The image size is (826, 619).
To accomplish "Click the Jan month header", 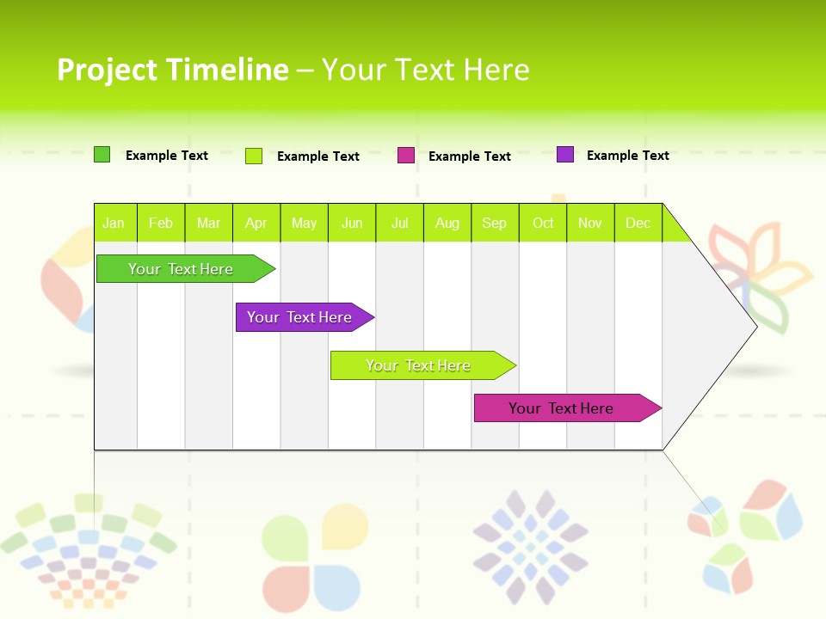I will tap(114, 223).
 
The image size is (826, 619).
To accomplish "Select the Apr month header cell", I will tap(256, 223).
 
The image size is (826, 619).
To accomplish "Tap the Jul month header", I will tap(399, 223).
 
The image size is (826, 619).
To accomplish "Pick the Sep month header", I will tap(494, 223).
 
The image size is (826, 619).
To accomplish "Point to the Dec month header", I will tap(638, 223).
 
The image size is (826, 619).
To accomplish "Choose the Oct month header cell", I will tap(543, 223).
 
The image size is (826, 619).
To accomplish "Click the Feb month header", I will tap(161, 223).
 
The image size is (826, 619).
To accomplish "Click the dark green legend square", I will tap(102, 155).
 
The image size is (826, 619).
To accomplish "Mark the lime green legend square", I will tap(254, 156).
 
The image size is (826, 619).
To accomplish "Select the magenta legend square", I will tap(406, 156).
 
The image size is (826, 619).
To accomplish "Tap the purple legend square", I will tap(565, 155).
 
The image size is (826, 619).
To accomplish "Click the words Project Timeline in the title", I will tap(172, 70).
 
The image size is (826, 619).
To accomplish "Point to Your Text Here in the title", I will tap(425, 70).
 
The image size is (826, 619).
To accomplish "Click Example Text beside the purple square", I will tap(627, 156).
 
